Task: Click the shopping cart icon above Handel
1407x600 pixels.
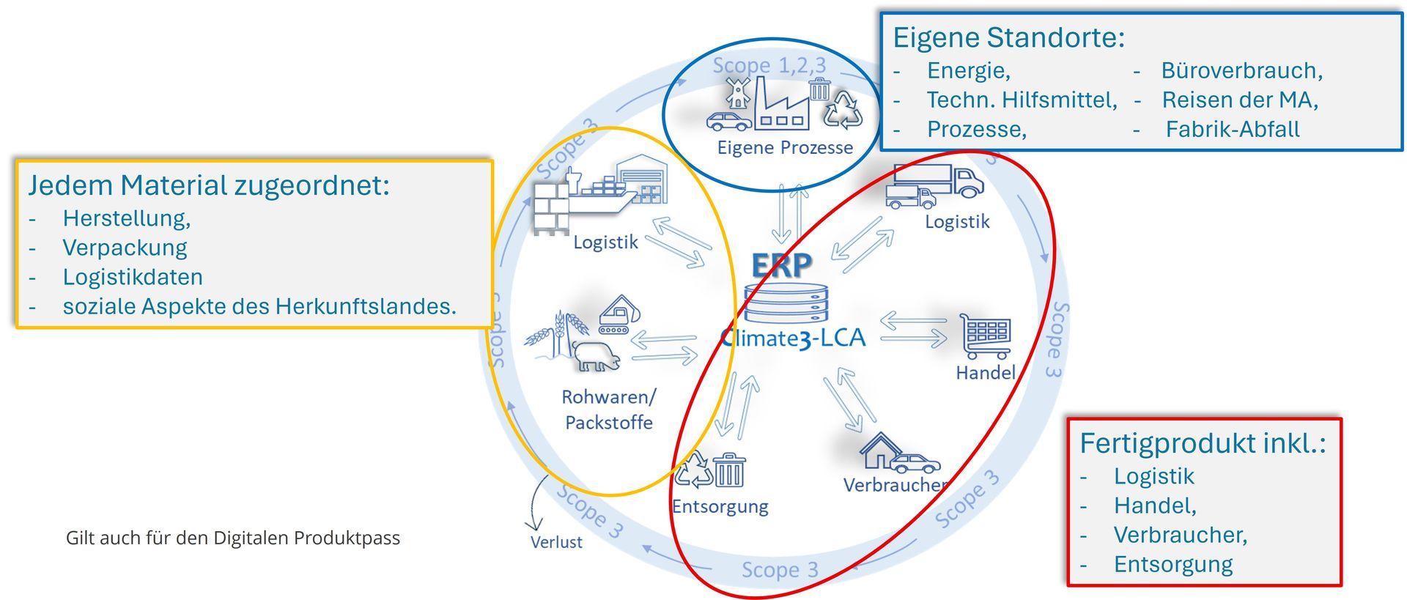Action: click(x=986, y=335)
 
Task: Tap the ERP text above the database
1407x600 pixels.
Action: click(x=782, y=265)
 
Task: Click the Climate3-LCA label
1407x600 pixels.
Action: click(x=793, y=338)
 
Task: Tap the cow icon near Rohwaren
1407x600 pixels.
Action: click(x=595, y=356)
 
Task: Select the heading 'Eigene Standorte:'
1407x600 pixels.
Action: click(x=1008, y=37)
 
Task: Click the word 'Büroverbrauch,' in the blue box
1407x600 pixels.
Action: click(x=1242, y=70)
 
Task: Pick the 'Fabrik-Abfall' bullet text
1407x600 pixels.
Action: click(x=1233, y=129)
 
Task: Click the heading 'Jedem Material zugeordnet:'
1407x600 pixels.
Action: click(x=209, y=185)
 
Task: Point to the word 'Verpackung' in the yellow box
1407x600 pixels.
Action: click(x=125, y=248)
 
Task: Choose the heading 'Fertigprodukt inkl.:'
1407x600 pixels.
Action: click(x=1203, y=443)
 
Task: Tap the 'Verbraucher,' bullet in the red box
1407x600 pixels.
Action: click(x=1180, y=535)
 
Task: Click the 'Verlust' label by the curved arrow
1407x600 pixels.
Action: click(x=556, y=542)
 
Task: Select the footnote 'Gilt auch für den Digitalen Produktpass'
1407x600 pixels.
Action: click(x=233, y=538)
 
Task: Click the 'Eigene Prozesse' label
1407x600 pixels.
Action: click(x=785, y=147)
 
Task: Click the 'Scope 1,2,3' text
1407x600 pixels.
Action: click(x=769, y=66)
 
